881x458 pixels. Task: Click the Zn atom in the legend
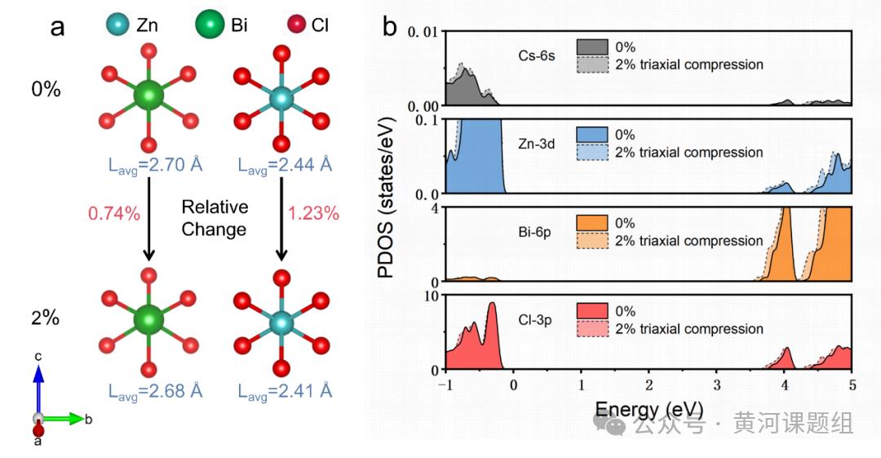pos(118,26)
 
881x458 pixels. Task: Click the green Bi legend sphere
pos(210,26)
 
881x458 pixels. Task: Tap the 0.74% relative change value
pos(113,215)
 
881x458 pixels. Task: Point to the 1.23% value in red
pos(313,215)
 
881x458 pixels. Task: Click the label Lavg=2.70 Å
pos(155,166)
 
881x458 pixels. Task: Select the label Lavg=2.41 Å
pos(285,391)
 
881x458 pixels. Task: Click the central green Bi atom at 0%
pos(148,96)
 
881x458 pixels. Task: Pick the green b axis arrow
pos(65,419)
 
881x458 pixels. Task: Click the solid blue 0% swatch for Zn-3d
pos(591,136)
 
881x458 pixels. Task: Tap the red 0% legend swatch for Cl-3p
pos(591,312)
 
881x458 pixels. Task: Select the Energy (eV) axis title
pos(649,407)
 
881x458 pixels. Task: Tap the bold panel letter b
pos(389,27)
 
